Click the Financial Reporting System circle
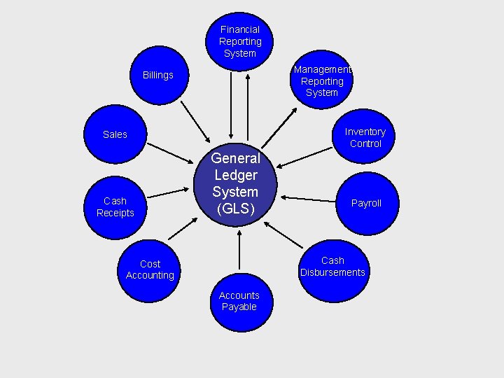239,41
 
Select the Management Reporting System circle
322,80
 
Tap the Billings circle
158,76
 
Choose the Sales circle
115,134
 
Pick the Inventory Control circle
365,137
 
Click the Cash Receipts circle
115,206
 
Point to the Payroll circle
366,203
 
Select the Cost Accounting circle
150,269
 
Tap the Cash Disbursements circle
332,267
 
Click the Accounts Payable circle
239,301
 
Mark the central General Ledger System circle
236,183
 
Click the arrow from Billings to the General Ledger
195,121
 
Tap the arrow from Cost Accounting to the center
183,228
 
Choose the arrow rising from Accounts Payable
239,249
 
